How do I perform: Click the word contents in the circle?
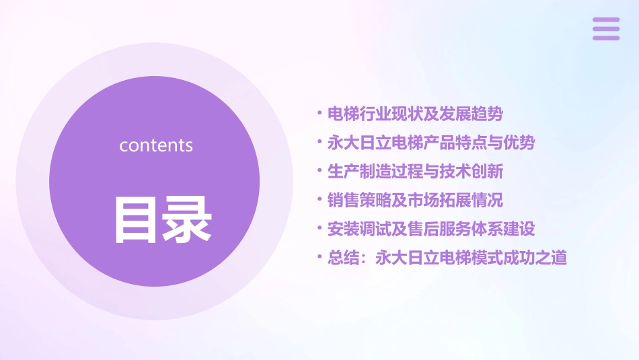point(156,145)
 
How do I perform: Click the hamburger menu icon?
point(605,29)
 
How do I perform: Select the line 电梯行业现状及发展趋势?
point(415,114)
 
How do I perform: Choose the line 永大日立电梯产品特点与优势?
point(431,143)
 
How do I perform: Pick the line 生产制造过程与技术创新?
point(415,172)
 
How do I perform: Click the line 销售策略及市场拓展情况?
point(415,201)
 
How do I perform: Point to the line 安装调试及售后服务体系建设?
point(431,229)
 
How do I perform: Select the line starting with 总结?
point(447,258)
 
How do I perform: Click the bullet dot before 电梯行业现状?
point(319,114)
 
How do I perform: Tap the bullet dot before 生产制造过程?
point(319,171)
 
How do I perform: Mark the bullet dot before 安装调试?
point(319,228)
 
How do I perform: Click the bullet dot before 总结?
point(319,257)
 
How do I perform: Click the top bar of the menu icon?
point(605,20)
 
